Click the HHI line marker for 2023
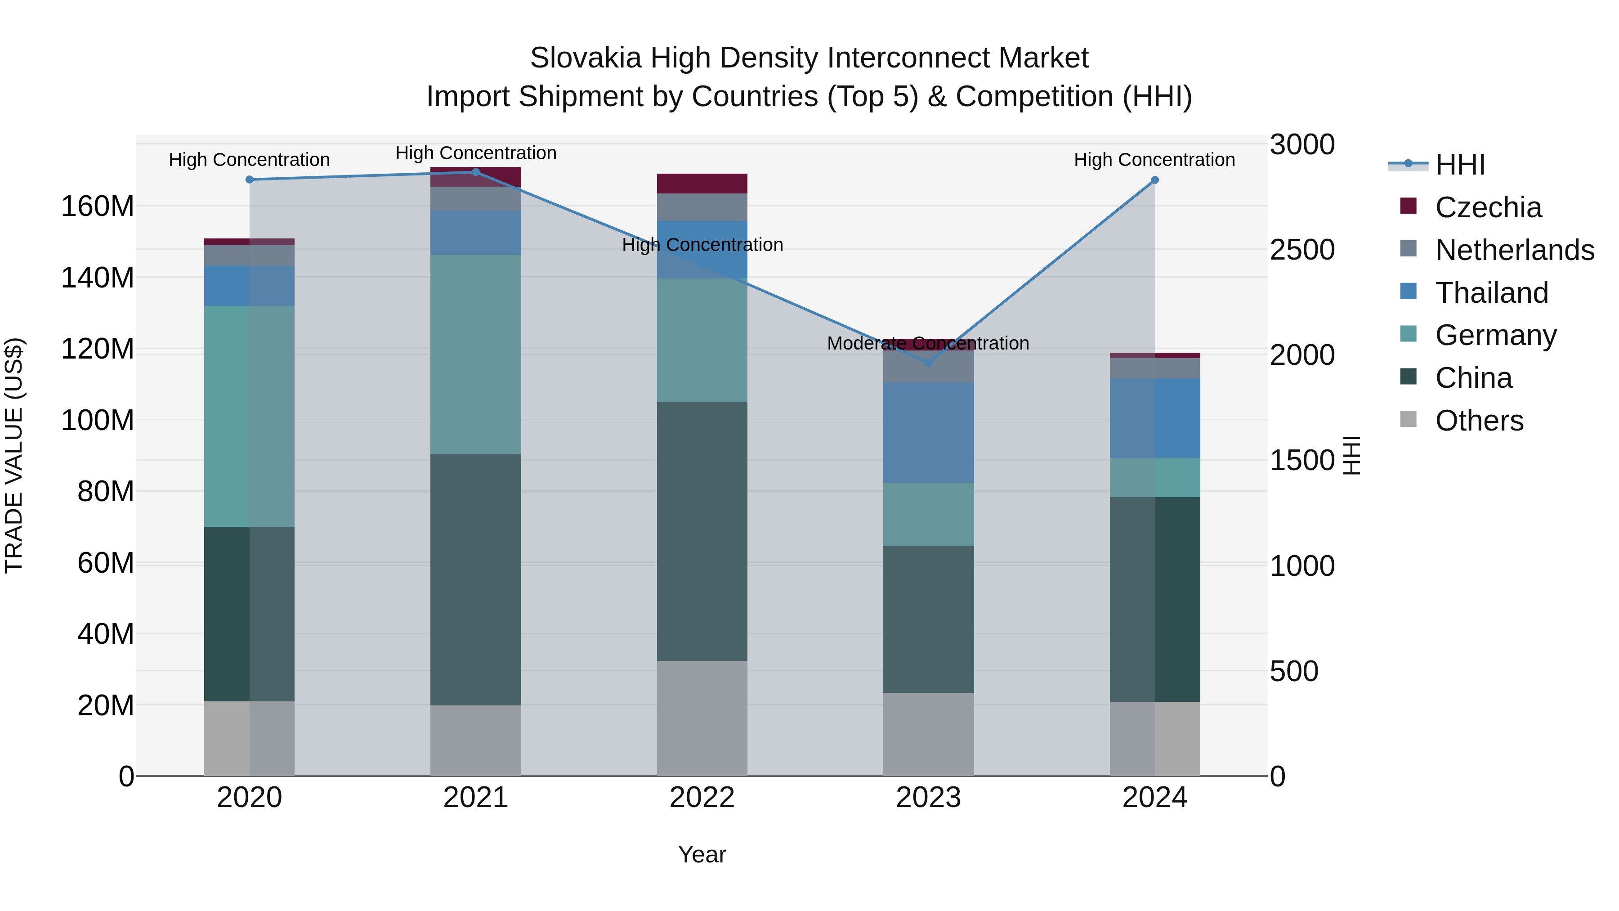point(928,363)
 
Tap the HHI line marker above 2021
point(476,172)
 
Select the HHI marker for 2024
point(1154,180)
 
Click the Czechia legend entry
point(1488,207)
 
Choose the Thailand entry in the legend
point(1491,293)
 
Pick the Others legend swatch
point(1409,419)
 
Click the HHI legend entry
point(1459,165)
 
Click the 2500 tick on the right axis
point(1301,250)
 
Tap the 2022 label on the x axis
point(702,798)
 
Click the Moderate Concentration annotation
point(928,343)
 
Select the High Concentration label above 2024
point(1154,160)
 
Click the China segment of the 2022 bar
point(702,531)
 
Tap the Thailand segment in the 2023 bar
point(928,432)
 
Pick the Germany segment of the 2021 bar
point(476,354)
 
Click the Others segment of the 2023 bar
point(928,734)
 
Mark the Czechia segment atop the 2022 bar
point(702,184)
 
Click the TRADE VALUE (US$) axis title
point(14,455)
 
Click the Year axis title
point(702,854)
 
